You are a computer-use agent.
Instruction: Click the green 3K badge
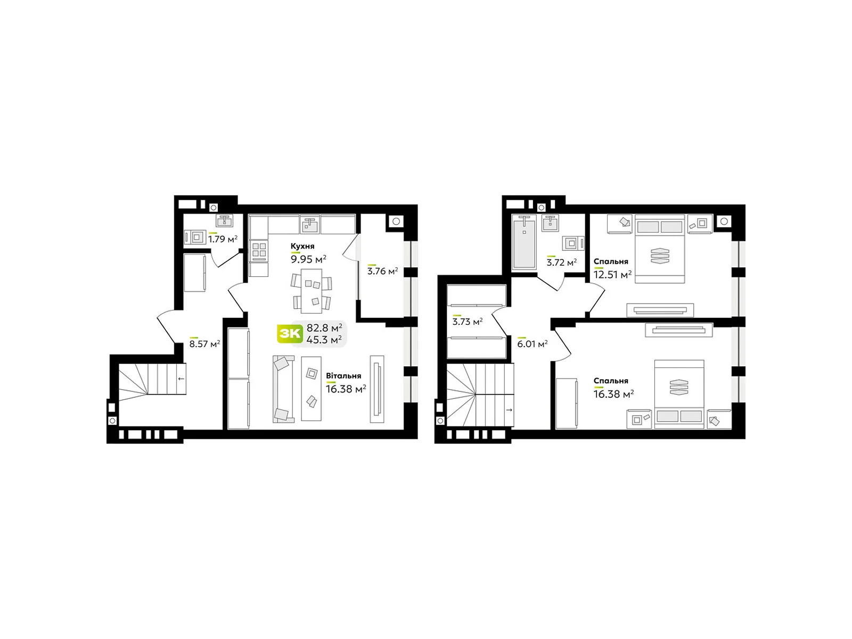290,334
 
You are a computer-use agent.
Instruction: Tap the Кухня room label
302,247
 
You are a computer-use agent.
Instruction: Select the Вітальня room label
343,376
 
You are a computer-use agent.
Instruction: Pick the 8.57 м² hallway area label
204,344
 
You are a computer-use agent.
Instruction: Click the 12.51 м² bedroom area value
612,275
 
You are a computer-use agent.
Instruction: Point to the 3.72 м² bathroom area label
561,263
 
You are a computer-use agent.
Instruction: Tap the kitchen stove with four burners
259,250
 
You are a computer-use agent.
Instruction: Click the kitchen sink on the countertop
309,224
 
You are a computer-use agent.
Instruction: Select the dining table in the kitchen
312,291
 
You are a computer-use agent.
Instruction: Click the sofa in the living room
283,389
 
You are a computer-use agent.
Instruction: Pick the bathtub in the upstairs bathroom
525,242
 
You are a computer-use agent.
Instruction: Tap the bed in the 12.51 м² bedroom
660,249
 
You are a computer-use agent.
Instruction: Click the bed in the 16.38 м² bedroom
679,394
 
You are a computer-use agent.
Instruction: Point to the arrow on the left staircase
181,379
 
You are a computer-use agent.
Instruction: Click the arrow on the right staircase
509,410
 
